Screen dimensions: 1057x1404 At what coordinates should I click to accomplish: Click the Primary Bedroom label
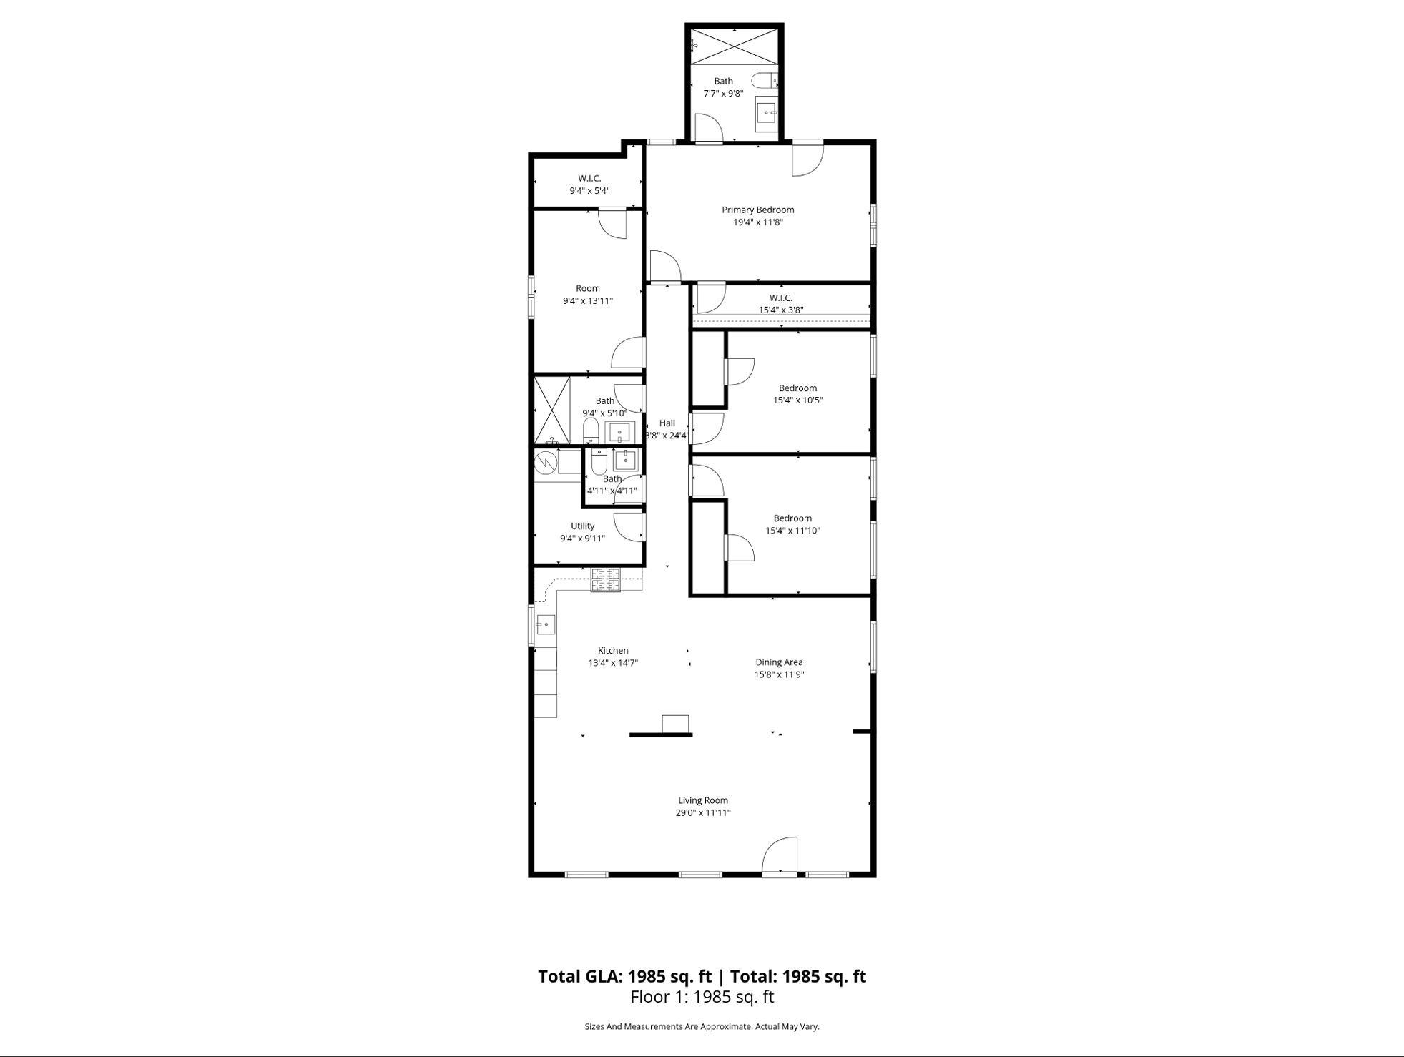point(757,210)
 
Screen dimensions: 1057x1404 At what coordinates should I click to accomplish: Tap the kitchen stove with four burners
point(605,580)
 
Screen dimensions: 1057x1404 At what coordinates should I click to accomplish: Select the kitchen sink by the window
point(545,624)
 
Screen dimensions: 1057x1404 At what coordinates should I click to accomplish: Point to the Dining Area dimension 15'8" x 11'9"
point(779,674)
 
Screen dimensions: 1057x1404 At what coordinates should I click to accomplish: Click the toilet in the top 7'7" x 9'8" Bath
point(764,80)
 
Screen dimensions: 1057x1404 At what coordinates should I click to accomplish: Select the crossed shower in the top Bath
point(734,46)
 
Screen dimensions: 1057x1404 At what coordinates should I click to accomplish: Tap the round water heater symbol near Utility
point(546,462)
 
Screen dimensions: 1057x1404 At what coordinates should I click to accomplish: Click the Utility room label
point(582,526)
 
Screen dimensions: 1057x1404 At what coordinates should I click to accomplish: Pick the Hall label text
point(667,423)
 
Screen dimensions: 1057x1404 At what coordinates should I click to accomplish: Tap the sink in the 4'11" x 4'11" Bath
point(625,460)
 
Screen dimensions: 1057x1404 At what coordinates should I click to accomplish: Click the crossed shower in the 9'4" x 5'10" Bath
point(552,410)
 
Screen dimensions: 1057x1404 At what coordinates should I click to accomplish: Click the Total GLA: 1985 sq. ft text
point(624,976)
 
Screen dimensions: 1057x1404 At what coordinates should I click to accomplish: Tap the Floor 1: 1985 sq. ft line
point(702,996)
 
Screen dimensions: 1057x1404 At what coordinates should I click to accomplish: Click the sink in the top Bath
point(766,113)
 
